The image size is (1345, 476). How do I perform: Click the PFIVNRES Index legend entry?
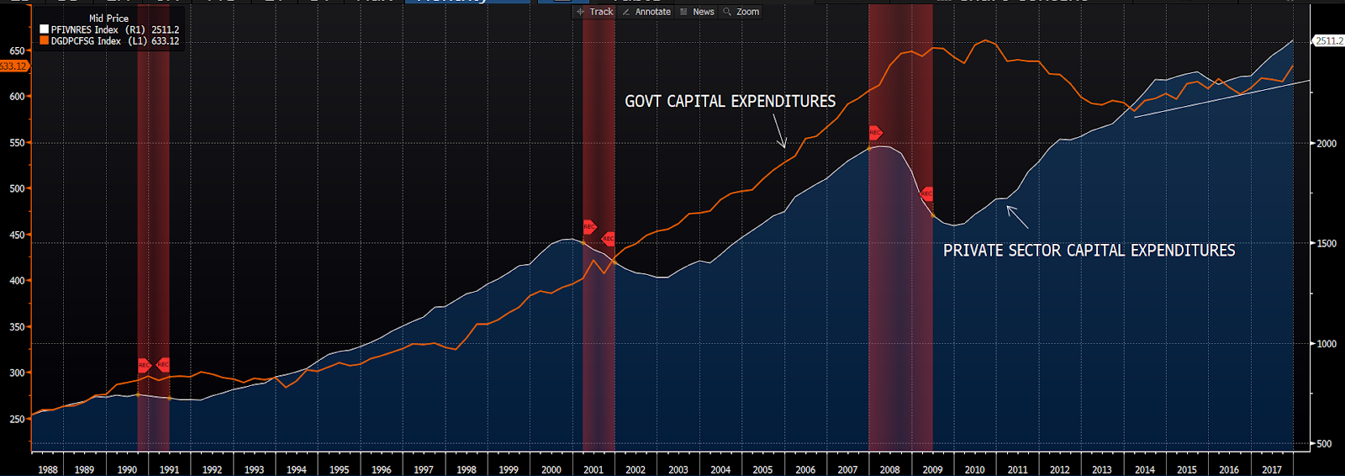click(x=109, y=29)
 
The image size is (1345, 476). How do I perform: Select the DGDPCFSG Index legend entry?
click(x=109, y=41)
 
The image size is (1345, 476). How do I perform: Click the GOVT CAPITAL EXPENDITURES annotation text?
click(x=730, y=102)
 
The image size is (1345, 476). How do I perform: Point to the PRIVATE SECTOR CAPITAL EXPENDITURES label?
click(x=1089, y=251)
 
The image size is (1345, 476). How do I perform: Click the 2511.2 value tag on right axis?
click(x=1329, y=40)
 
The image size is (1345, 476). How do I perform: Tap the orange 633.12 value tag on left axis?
click(x=13, y=66)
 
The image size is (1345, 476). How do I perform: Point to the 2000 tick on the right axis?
click(x=1327, y=144)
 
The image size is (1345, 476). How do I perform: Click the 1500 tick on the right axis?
click(x=1327, y=244)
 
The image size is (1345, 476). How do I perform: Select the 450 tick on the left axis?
click(x=17, y=235)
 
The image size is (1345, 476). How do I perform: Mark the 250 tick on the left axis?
click(x=17, y=420)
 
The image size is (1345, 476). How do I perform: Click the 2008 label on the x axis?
click(x=889, y=469)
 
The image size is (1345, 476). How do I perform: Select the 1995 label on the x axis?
click(x=339, y=469)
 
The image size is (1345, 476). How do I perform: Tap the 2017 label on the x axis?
click(x=1271, y=469)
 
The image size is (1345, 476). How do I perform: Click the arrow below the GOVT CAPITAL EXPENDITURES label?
click(x=779, y=132)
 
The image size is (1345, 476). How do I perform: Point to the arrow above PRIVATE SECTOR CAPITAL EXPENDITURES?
click(x=1017, y=217)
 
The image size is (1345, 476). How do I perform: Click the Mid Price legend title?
click(x=109, y=18)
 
